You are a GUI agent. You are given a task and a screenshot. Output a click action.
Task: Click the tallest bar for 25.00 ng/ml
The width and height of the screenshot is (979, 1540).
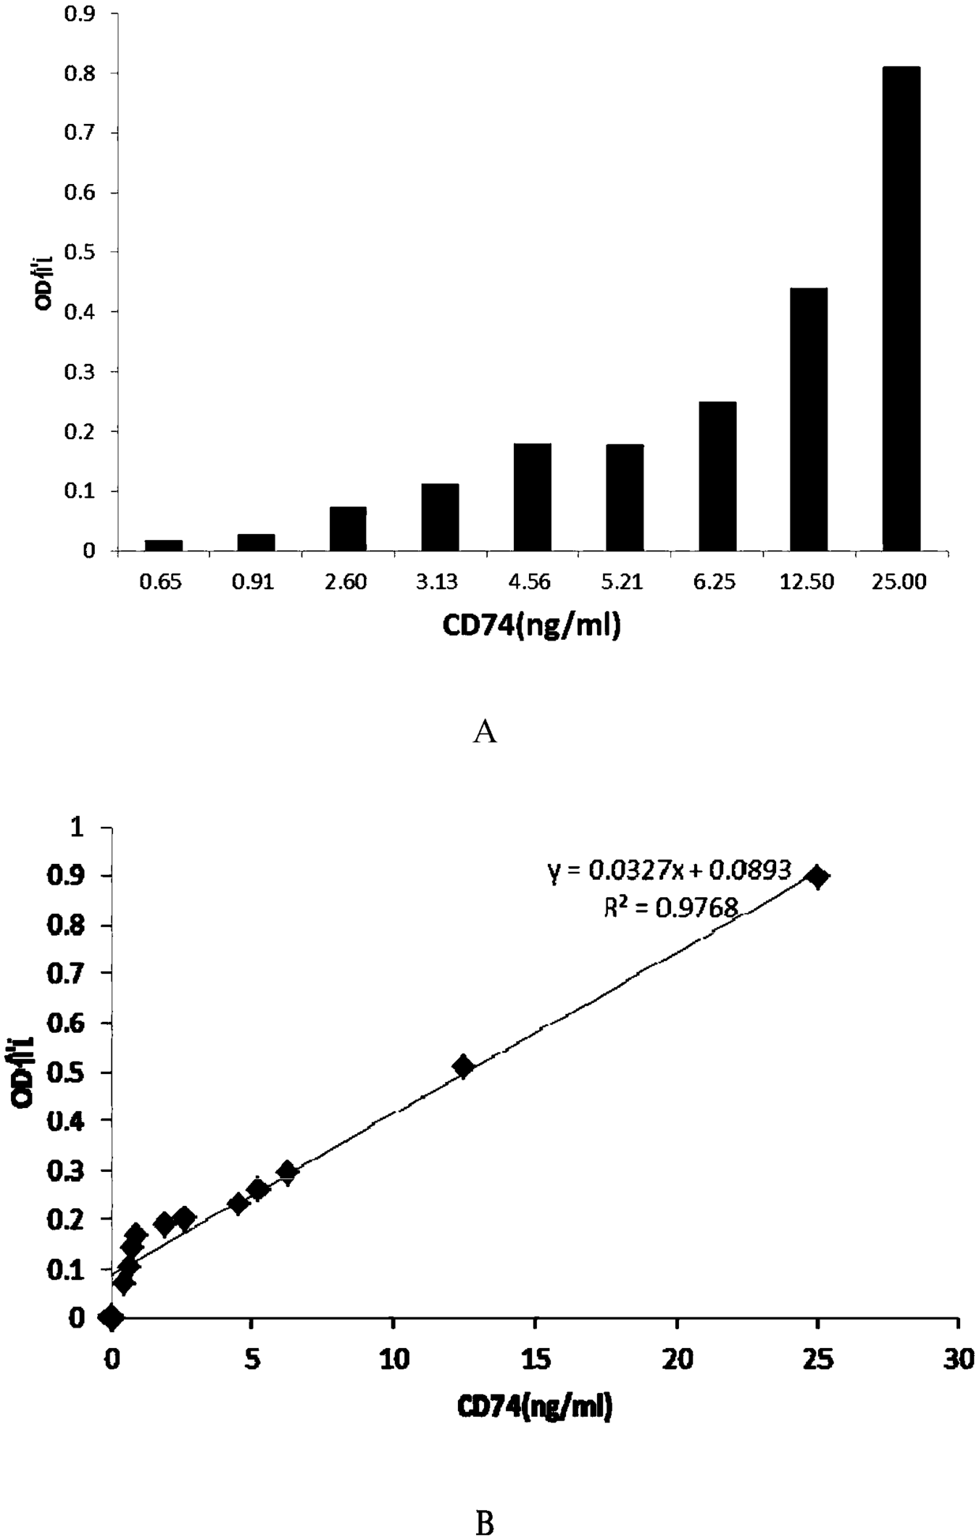coord(901,308)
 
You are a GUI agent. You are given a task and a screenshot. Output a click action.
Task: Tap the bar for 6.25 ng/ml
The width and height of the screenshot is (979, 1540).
coord(717,475)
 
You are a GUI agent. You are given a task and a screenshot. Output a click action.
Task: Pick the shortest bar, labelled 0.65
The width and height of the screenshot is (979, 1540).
coord(163,545)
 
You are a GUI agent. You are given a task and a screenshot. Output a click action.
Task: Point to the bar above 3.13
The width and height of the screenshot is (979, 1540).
coord(440,516)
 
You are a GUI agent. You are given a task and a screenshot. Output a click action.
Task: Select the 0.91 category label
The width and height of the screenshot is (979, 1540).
coord(255,583)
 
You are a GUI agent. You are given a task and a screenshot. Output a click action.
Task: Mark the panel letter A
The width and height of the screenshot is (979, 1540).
coord(485,732)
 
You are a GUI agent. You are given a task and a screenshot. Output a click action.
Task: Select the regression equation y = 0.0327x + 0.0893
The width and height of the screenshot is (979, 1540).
coord(669,870)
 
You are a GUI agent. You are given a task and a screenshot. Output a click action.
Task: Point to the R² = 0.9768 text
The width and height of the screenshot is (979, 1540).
coord(670,908)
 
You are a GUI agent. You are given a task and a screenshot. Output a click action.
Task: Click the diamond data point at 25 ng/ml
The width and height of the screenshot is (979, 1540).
coord(818,877)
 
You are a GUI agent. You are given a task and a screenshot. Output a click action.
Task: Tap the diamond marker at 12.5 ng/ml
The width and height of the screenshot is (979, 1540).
coord(463,1066)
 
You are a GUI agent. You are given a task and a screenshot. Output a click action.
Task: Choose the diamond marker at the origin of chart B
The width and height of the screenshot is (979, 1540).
coord(111,1316)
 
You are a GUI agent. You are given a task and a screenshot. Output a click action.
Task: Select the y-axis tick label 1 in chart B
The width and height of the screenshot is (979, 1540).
coord(98,827)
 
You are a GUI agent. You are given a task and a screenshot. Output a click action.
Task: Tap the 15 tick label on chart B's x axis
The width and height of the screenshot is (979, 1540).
coord(535,1358)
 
